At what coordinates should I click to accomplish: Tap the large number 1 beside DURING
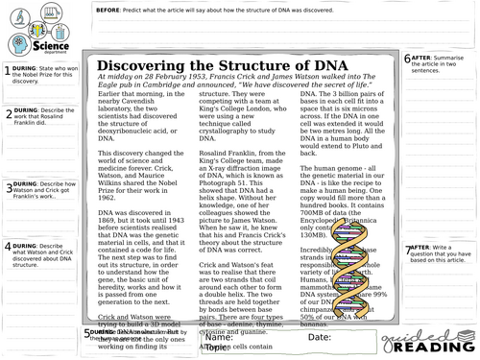tap(6, 68)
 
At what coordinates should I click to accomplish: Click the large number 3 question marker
tap(6, 188)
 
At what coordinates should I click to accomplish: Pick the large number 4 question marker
tap(6, 248)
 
